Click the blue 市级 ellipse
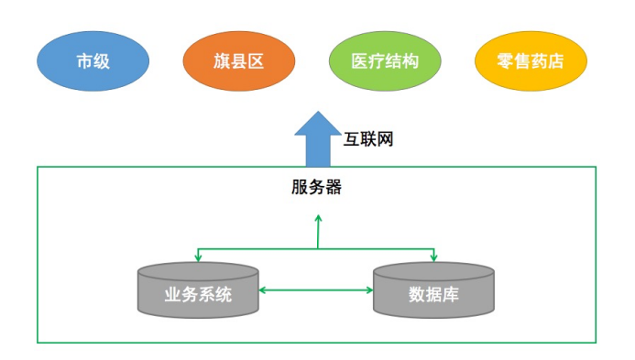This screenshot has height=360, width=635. (93, 61)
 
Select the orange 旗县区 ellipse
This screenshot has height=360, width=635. (238, 61)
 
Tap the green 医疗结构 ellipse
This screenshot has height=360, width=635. (385, 61)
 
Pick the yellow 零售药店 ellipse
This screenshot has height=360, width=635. (531, 61)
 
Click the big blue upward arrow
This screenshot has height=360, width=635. (316, 139)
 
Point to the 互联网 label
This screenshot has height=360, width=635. (369, 140)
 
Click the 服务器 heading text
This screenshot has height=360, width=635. (316, 187)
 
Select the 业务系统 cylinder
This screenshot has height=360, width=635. (198, 291)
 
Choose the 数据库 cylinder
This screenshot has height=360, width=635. (434, 291)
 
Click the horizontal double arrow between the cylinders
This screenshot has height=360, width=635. (316, 290)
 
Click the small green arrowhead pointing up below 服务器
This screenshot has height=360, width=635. (318, 220)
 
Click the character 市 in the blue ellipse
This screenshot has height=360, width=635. (84, 61)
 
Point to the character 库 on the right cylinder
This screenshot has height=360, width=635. (456, 295)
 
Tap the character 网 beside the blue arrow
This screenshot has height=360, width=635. (387, 140)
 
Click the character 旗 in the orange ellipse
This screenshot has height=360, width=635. (217, 61)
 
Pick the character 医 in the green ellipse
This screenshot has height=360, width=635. (360, 61)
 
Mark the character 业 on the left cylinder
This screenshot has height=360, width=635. (172, 295)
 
